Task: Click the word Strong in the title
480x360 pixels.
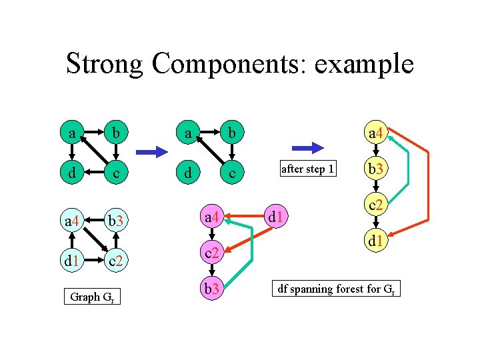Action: click(x=105, y=64)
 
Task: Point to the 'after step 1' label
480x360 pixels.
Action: click(x=307, y=169)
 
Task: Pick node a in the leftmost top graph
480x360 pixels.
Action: click(x=71, y=133)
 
